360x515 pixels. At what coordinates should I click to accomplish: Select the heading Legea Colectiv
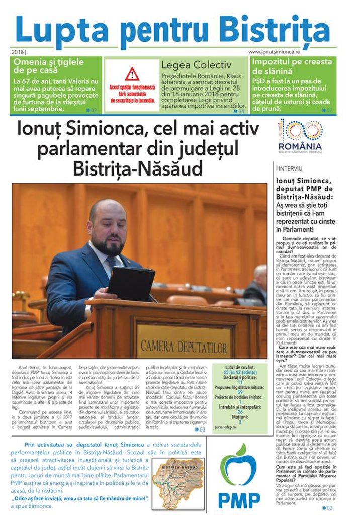(x=196, y=65)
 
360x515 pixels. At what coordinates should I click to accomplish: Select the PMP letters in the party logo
(x=239, y=499)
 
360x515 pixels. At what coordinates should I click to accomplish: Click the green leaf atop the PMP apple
(x=241, y=450)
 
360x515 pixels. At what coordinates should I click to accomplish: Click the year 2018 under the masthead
(x=18, y=52)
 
